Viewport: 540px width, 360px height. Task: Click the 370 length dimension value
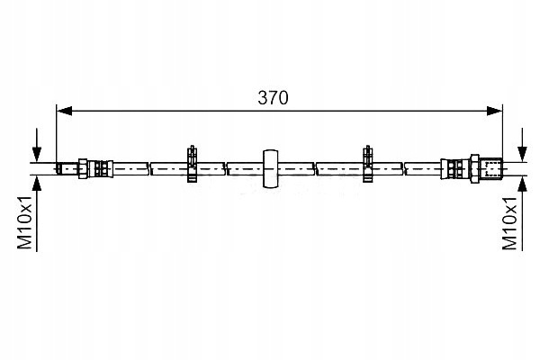tap(273, 98)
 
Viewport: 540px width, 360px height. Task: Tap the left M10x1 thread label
tap(25, 223)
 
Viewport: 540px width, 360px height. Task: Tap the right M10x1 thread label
tap(509, 223)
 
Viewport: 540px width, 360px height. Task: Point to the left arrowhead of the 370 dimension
tap(65, 111)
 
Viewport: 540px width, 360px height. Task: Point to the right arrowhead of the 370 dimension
tap(494, 111)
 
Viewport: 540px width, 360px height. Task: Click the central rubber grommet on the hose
tap(270, 169)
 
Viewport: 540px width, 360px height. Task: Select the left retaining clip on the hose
tap(192, 164)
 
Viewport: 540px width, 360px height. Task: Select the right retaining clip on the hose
tap(368, 164)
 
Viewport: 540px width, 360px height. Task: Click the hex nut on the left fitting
tap(83, 169)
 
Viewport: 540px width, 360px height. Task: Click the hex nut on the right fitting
tap(475, 169)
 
